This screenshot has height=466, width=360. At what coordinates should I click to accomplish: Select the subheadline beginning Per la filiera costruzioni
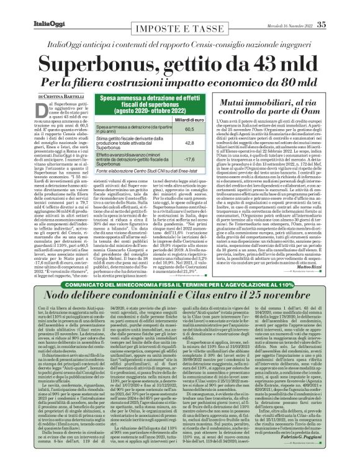click(x=178, y=81)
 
